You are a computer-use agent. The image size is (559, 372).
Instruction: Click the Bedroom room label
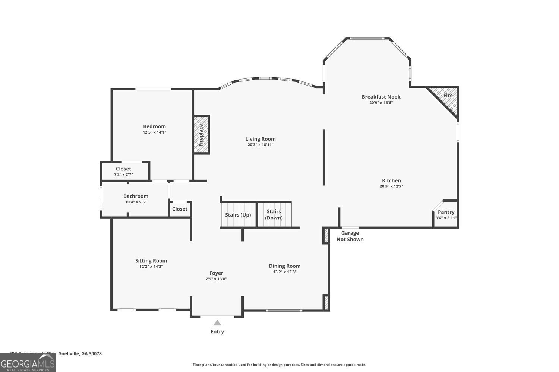tap(154, 126)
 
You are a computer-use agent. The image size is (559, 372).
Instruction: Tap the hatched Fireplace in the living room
tap(201, 135)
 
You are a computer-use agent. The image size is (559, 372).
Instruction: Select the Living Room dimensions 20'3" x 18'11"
tap(260, 145)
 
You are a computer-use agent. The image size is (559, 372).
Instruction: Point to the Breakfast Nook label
tap(381, 97)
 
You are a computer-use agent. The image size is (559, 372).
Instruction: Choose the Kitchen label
tap(391, 180)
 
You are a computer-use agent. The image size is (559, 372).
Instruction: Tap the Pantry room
tap(446, 215)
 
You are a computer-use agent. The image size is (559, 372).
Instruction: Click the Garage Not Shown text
tap(350, 236)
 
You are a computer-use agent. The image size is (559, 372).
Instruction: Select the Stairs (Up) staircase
tap(238, 215)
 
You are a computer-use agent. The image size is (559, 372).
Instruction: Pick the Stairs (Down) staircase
tap(274, 215)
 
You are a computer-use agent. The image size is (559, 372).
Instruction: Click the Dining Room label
tap(285, 266)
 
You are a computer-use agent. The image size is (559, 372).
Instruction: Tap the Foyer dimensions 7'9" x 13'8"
tap(216, 279)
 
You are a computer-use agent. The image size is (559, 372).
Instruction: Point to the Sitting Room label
tap(151, 261)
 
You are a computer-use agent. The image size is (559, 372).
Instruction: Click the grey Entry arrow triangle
tap(217, 323)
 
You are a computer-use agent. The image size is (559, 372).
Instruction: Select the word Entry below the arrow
tap(217, 331)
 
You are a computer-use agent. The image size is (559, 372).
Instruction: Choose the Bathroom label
tap(136, 196)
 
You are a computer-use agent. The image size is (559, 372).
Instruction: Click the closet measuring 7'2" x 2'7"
tap(123, 171)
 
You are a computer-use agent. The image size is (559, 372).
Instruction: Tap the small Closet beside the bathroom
tap(180, 209)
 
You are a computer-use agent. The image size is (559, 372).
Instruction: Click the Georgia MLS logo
tap(28, 363)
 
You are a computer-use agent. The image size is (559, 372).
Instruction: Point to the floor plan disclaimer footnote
tap(279, 365)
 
